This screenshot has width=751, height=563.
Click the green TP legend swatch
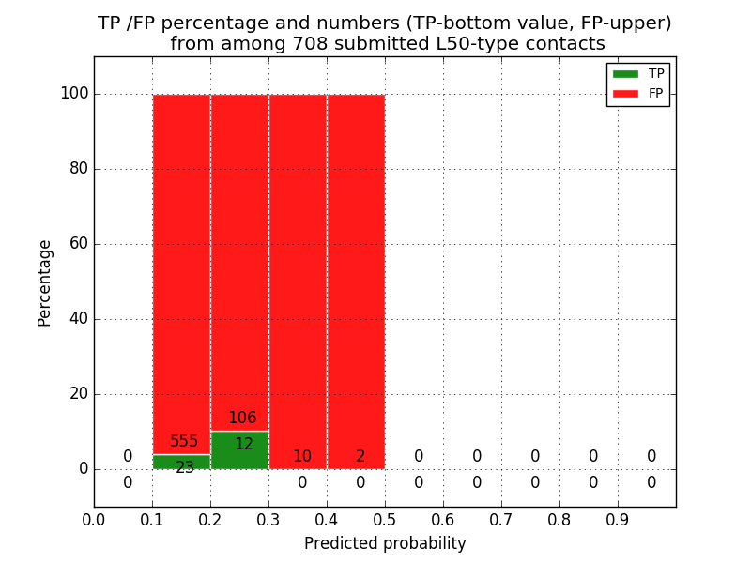tap(625, 74)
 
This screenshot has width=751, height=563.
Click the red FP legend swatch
tap(625, 93)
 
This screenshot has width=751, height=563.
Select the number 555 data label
tap(184, 442)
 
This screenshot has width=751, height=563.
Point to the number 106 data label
tap(242, 418)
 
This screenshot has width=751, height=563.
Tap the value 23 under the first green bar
tap(185, 467)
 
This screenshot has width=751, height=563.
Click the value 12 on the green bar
tap(244, 445)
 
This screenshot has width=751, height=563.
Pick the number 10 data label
tap(302, 457)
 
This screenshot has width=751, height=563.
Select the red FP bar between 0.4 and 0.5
tap(356, 281)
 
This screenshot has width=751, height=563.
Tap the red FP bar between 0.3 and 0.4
tap(298, 281)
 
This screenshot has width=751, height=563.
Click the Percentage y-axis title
tap(45, 282)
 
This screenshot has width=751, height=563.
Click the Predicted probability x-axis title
tap(385, 544)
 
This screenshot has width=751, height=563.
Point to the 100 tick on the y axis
tap(74, 94)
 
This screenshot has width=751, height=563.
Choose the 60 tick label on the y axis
tap(79, 244)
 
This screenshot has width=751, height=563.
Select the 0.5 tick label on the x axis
tap(385, 519)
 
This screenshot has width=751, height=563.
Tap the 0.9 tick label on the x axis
tap(618, 519)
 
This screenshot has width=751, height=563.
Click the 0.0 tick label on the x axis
tap(94, 519)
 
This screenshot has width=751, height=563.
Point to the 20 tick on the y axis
tap(79, 394)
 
